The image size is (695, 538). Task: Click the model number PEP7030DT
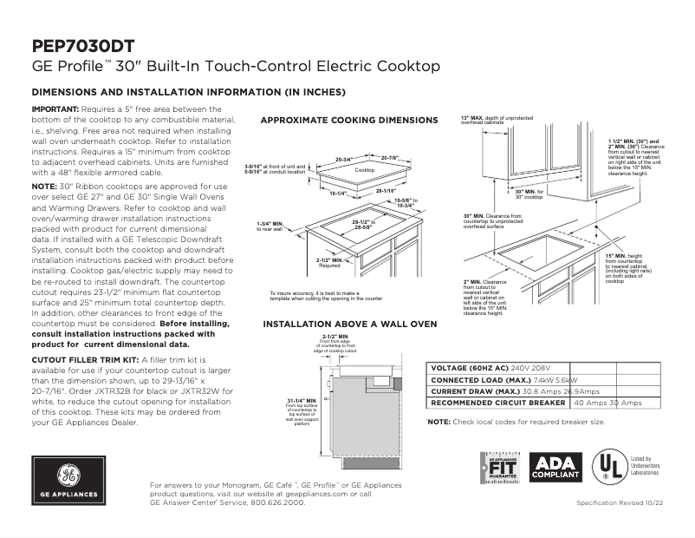point(82,46)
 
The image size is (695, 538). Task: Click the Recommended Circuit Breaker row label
point(499,403)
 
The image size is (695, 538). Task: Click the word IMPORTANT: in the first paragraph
point(55,108)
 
